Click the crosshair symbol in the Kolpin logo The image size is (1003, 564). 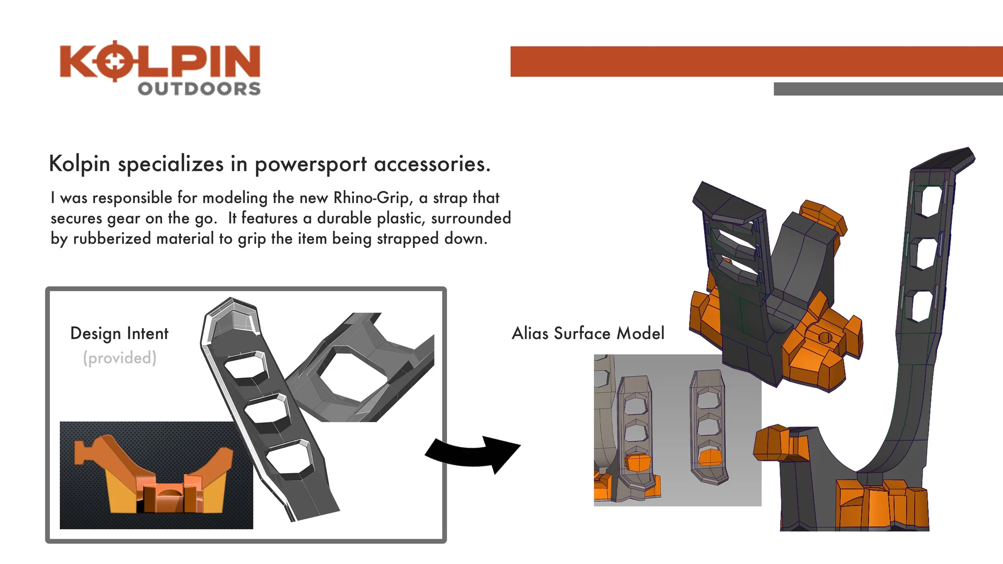coord(115,61)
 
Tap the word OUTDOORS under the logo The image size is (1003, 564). coord(199,89)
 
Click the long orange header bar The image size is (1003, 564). coord(756,61)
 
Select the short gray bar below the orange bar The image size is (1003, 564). coord(888,89)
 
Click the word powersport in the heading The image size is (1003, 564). coord(310,164)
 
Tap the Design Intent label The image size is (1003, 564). coord(119,334)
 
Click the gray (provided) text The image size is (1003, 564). coord(120,358)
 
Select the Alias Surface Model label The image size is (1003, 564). coord(588,334)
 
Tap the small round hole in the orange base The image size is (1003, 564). coord(825,338)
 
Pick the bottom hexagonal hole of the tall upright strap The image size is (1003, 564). coord(921,306)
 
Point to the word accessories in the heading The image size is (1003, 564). coord(432,164)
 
